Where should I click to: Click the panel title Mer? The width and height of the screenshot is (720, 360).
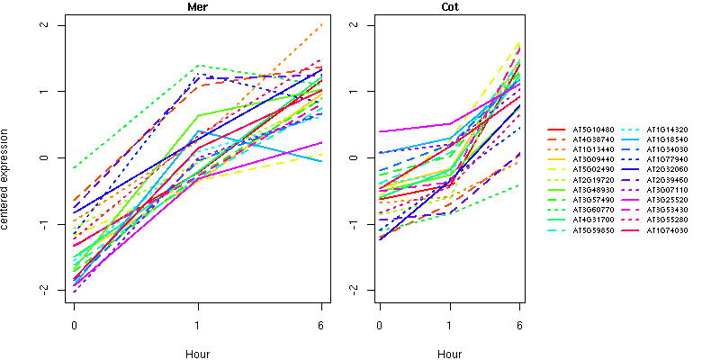[197, 7]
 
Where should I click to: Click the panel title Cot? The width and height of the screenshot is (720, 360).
[449, 7]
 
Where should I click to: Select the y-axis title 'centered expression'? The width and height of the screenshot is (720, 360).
[7, 157]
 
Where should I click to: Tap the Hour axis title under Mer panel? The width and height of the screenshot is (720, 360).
[197, 354]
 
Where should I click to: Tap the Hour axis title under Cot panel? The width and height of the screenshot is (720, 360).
[449, 354]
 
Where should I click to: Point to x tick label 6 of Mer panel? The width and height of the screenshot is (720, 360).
[321, 324]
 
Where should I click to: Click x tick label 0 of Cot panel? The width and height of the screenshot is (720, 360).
[380, 324]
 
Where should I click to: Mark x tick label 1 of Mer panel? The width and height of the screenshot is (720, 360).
[197, 324]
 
